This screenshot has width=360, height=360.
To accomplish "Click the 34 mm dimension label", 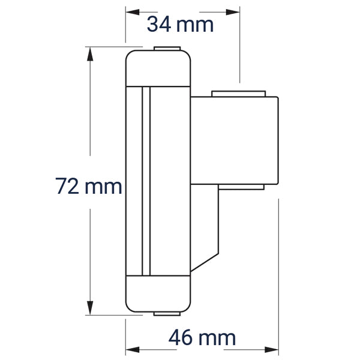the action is click(180, 25).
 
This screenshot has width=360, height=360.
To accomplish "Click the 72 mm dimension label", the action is click(89, 186).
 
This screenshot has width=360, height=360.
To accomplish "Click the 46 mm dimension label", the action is click(202, 337).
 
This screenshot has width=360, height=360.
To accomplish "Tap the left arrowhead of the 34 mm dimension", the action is click(133, 12).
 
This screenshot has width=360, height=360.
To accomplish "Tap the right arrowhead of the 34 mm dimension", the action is click(233, 12).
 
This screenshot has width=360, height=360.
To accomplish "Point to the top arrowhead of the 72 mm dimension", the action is click(90, 54).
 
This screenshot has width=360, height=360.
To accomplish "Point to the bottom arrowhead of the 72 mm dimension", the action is click(90, 308).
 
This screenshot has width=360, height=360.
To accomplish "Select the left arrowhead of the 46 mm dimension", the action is click(133, 350).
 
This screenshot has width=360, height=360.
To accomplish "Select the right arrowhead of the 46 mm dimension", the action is click(271, 350).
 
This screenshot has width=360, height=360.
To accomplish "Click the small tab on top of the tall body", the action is click(167, 49).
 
